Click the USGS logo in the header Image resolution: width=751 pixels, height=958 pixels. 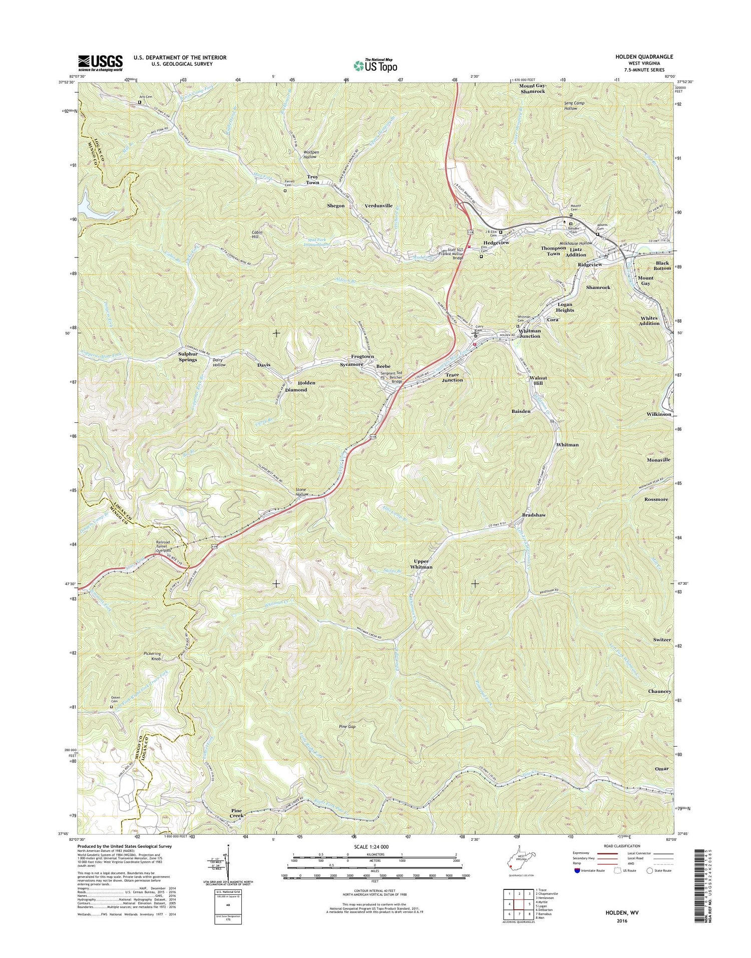[100, 61]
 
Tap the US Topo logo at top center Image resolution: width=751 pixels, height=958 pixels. [375, 65]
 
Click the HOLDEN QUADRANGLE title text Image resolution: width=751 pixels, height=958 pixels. [644, 57]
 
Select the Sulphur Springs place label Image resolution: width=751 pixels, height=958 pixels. [188, 356]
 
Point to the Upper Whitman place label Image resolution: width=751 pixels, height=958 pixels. [421, 564]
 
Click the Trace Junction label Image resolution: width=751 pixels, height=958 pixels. [452, 377]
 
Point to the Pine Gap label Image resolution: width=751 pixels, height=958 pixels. [347, 726]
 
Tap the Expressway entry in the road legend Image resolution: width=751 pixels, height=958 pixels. [585, 853]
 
